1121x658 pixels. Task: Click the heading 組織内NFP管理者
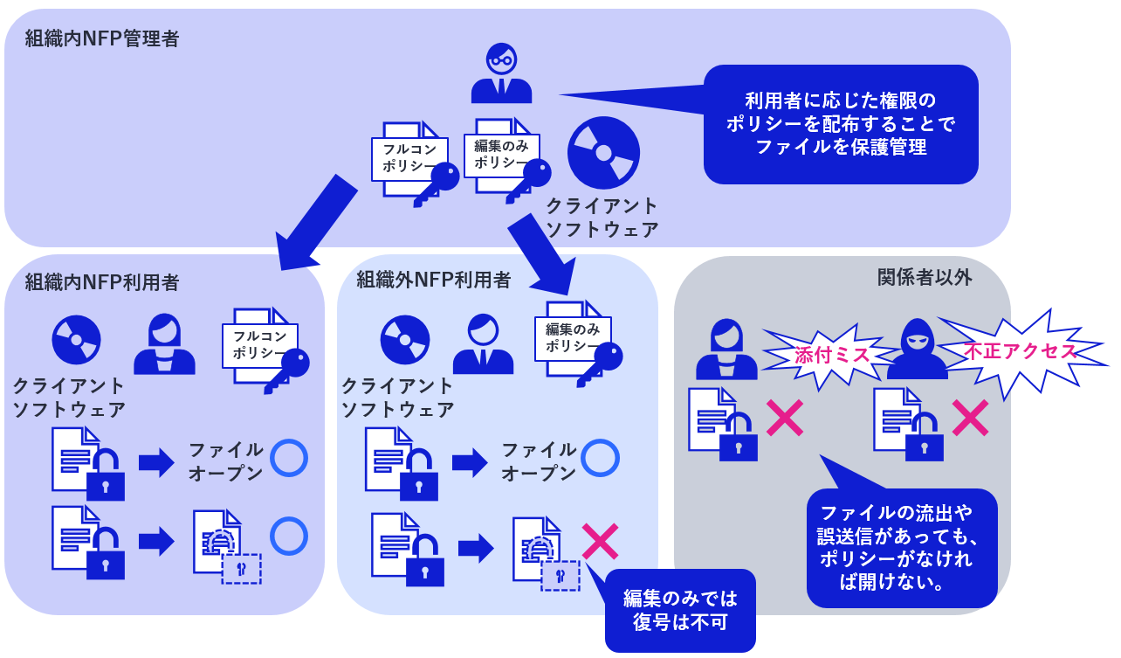(x=102, y=38)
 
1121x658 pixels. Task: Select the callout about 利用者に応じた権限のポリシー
(x=840, y=124)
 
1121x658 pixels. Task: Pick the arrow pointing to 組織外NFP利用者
(x=540, y=253)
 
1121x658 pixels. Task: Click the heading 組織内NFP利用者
(x=102, y=282)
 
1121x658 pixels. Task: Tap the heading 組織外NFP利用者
(x=434, y=280)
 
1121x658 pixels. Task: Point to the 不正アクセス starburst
(x=1019, y=351)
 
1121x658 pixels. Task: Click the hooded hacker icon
(x=917, y=350)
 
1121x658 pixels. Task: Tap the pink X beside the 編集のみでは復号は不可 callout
(x=600, y=542)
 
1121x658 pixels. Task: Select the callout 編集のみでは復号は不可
(x=680, y=610)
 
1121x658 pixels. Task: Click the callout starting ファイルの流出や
(x=901, y=547)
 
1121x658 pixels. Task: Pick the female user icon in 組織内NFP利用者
(x=164, y=344)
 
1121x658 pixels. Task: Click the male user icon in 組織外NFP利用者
(x=483, y=344)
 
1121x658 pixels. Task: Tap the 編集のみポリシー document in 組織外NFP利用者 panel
(x=574, y=338)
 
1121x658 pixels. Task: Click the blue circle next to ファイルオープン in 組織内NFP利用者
(x=289, y=458)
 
